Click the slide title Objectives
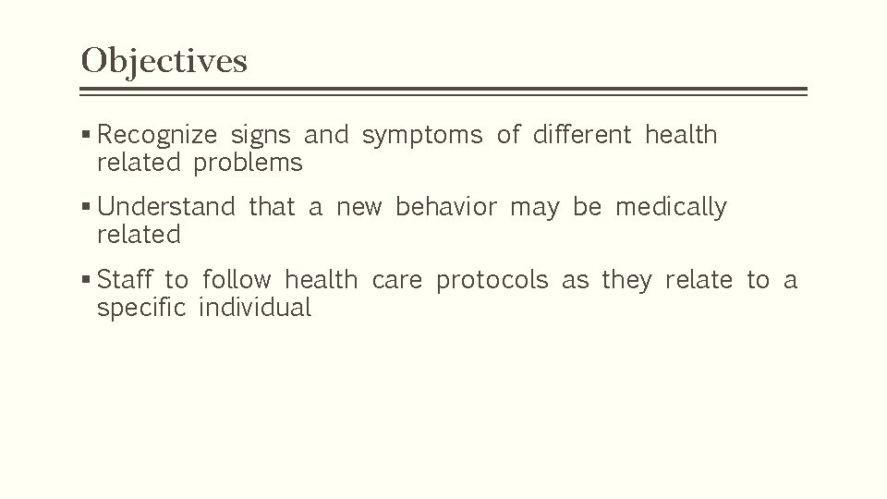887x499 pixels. point(164,62)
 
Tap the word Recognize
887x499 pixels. point(157,136)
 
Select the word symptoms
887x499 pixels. point(422,136)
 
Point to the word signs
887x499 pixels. point(261,136)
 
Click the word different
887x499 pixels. point(582,135)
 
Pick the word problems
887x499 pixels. point(248,164)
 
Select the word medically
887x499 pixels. point(671,208)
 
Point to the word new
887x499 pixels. point(359,208)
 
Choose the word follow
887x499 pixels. point(237,279)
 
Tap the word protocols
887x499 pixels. point(492,280)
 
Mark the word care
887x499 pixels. point(397,280)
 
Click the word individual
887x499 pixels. point(255,308)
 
